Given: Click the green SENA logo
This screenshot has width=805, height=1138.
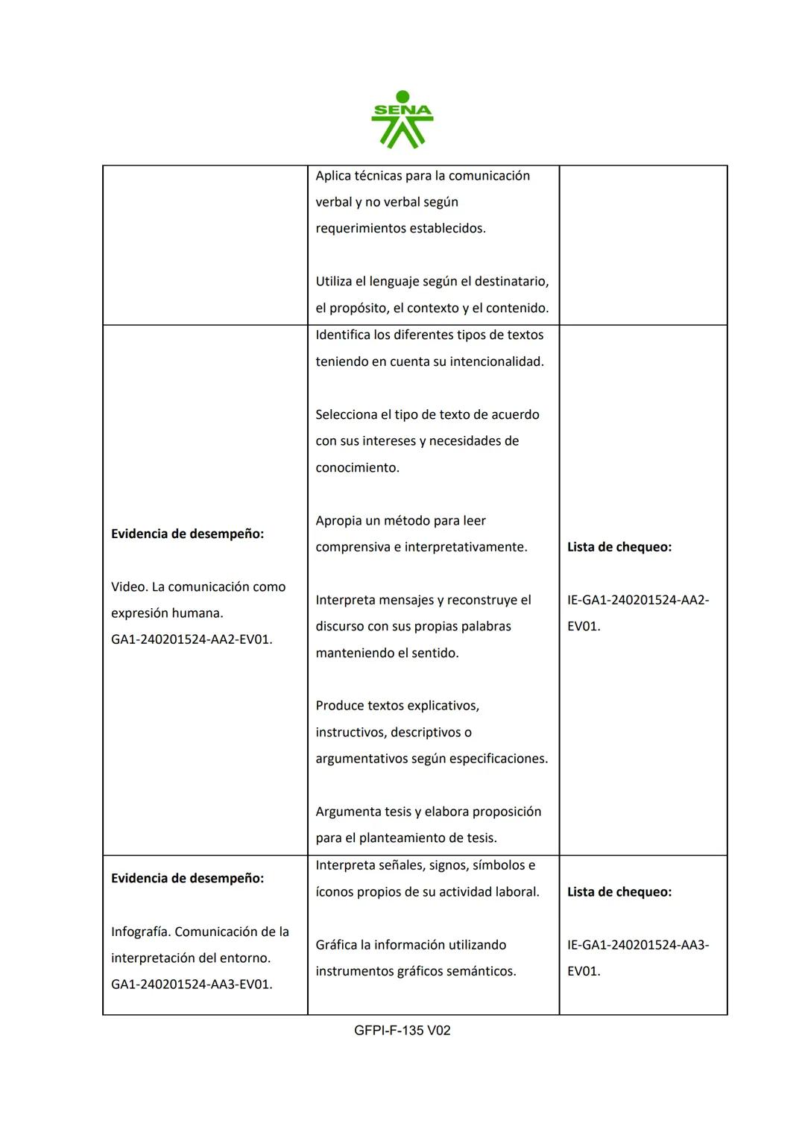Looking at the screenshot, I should (x=402, y=119).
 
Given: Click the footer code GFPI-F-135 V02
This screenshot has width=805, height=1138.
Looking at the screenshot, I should (x=402, y=1030).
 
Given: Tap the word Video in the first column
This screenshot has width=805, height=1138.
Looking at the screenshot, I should (x=127, y=587).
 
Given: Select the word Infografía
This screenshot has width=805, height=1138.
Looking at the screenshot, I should (x=139, y=932).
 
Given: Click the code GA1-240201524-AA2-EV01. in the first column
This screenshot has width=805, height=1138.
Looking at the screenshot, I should (x=192, y=639).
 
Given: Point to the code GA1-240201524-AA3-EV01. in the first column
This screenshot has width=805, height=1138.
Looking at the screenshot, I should (x=192, y=984).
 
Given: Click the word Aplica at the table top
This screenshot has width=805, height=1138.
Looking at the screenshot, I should (x=333, y=176).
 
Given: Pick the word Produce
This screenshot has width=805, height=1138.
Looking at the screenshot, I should (x=339, y=705).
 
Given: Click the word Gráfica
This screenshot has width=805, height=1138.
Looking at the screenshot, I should (x=335, y=944).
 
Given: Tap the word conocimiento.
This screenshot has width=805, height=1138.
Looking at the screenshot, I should (x=357, y=467).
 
